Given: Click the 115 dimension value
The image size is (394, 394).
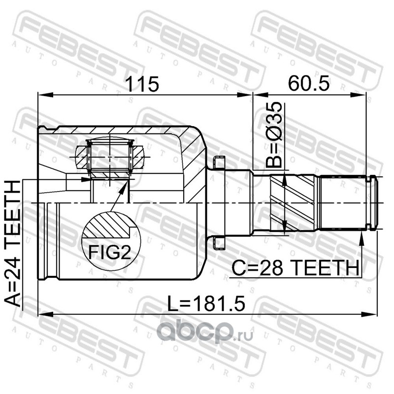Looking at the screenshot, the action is pyautogui.click(x=142, y=84).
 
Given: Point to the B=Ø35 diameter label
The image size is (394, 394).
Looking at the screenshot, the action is pyautogui.click(x=274, y=135).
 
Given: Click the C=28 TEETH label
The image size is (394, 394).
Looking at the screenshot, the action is pyautogui.click(x=295, y=268).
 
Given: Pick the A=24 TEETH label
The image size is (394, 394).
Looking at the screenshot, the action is pyautogui.click(x=12, y=243).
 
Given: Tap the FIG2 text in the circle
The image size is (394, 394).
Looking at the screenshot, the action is pyautogui.click(x=110, y=252).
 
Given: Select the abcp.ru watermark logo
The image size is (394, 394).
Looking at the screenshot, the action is pyautogui.click(x=205, y=332).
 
